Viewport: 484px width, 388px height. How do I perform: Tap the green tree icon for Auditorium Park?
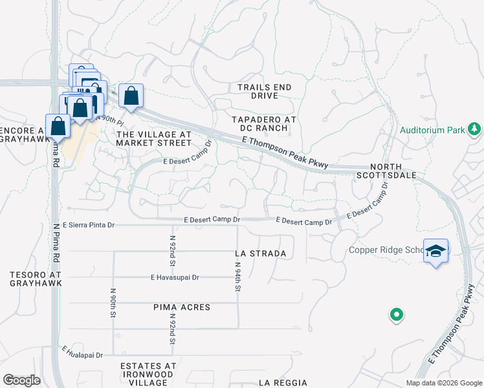coord(474,129)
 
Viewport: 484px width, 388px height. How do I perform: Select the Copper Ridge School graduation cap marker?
coord(436,251)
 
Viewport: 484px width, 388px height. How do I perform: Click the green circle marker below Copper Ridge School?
coord(397,316)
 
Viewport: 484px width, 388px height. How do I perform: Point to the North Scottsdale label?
coord(387,170)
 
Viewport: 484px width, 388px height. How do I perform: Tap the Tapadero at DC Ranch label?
coord(264,125)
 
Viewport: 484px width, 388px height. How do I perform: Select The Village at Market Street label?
coord(153,140)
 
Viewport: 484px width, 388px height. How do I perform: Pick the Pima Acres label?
coord(182,307)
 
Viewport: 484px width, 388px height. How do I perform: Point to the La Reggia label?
coord(282,383)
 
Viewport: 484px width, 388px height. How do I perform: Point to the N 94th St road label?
coord(237,277)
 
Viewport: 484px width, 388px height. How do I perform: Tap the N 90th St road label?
coord(113,301)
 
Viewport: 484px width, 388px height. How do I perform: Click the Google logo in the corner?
coord(21,380)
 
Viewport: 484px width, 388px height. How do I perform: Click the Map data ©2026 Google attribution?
coord(443,383)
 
